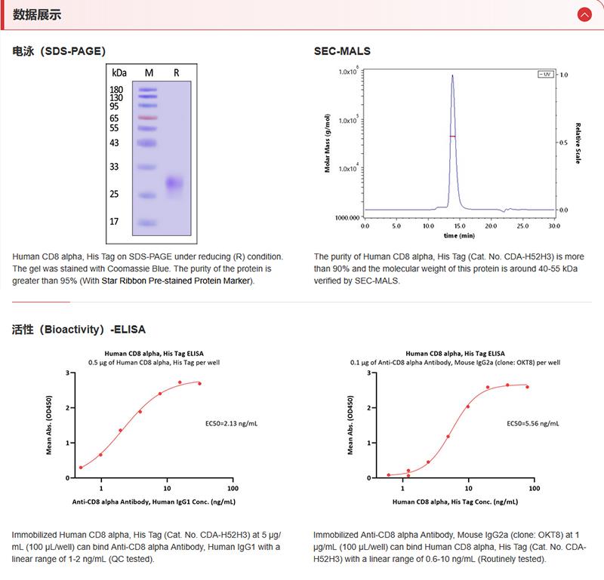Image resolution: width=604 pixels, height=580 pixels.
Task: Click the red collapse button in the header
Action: pos(584,14)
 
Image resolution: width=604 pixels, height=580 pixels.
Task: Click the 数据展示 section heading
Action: pos(37,14)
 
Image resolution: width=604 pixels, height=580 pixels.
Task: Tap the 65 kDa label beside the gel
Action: pos(115,118)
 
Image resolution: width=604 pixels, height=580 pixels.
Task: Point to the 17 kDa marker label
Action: pos(115,222)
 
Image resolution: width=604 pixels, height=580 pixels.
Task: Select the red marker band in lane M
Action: pos(148,118)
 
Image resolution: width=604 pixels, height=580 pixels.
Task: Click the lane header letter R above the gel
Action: pos(176,72)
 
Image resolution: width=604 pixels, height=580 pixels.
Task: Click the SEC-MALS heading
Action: pos(342,51)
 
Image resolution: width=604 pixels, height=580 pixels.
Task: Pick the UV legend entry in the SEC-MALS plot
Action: pos(544,75)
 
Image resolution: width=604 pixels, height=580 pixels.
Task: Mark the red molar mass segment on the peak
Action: pos(452,136)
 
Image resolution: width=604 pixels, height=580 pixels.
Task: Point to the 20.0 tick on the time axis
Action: pos(491,225)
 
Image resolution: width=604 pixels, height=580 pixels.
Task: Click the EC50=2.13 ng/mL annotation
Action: pos(232,424)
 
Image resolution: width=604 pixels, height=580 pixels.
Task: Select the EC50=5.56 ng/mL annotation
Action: pos(532,424)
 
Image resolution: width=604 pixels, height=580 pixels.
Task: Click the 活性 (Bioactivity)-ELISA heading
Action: pos(79,330)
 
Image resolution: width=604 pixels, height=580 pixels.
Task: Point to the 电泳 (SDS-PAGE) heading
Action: pos(59,51)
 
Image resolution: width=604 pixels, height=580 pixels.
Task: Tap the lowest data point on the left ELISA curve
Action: pos(81,468)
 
